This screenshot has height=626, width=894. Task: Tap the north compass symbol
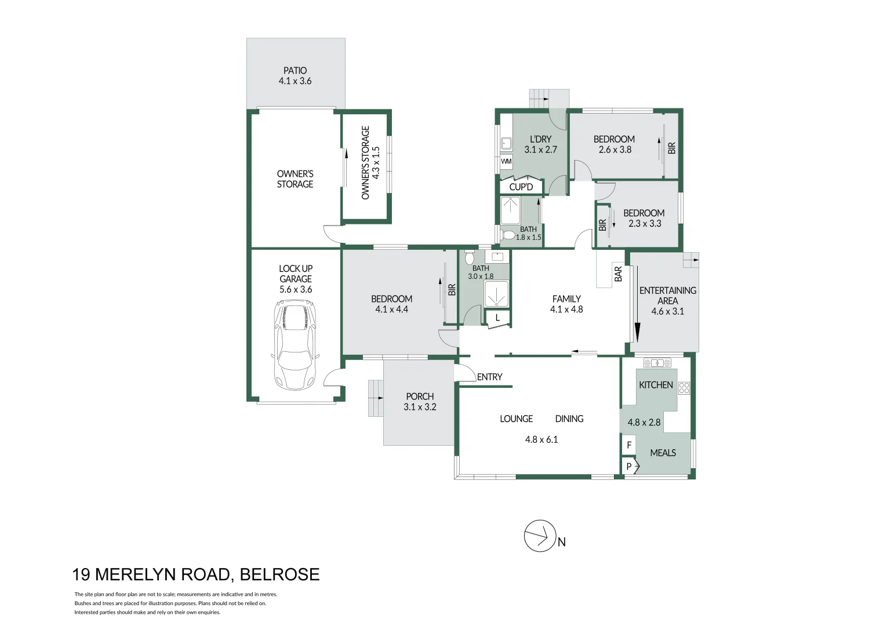click(540, 536)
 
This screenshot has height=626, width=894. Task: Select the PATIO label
click(295, 71)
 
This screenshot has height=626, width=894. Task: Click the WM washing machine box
click(506, 161)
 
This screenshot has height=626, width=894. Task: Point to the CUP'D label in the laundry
click(521, 187)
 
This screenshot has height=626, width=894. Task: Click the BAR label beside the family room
click(618, 274)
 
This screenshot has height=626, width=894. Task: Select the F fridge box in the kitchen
click(629, 446)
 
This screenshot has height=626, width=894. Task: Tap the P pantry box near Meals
click(629, 466)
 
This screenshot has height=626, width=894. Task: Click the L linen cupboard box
click(497, 318)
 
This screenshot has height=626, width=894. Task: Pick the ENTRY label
click(489, 377)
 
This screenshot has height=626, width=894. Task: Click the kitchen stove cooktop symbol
click(684, 388)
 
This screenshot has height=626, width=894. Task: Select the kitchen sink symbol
click(657, 363)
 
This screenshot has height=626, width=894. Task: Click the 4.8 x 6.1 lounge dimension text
click(541, 439)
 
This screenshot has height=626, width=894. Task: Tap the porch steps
click(375, 398)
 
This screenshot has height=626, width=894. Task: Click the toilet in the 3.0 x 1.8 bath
click(470, 257)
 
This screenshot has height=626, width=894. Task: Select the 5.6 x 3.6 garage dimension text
click(296, 289)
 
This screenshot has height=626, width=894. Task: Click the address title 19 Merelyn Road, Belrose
click(196, 574)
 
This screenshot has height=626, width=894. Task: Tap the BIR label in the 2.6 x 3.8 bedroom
click(671, 148)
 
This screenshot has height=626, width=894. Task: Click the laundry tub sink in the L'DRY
click(506, 143)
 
